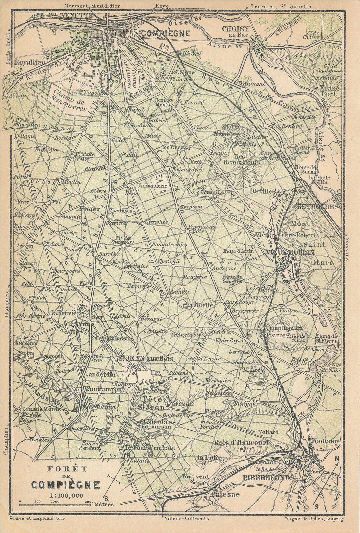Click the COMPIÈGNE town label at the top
(x=166, y=33)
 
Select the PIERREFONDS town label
(x=269, y=478)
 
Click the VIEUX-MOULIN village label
(x=295, y=252)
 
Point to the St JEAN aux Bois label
(x=146, y=358)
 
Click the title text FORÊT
(x=62, y=469)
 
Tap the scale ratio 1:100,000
(x=66, y=495)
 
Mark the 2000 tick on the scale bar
(x=89, y=501)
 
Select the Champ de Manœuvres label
(x=69, y=98)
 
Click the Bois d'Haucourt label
(x=241, y=443)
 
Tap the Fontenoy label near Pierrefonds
(x=325, y=441)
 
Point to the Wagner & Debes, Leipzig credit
(x=313, y=518)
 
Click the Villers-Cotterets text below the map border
(x=187, y=518)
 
